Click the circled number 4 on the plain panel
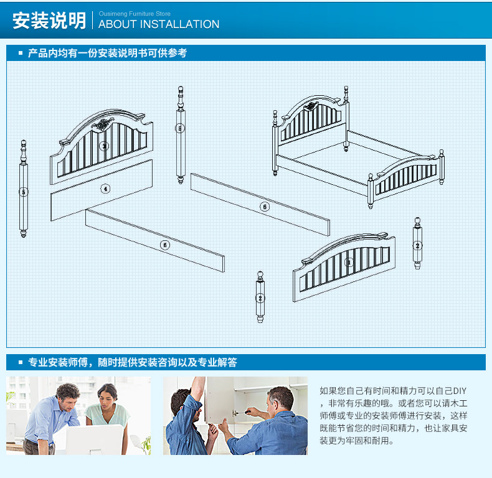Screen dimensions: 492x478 (x=105, y=189)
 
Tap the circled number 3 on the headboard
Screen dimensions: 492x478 (x=104, y=146)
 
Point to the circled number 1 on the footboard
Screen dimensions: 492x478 (x=349, y=261)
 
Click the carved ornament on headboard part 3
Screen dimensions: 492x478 (x=102, y=124)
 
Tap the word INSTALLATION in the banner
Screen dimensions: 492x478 (x=179, y=24)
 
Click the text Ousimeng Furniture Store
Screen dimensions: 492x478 (x=135, y=14)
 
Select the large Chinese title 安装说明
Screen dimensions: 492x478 (x=49, y=21)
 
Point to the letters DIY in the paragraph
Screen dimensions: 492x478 (x=460, y=391)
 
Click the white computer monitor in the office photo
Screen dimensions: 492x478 (x=94, y=439)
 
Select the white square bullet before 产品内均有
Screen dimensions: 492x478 (x=21, y=53)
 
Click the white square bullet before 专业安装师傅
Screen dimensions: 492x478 (x=21, y=362)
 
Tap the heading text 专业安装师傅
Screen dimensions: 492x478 (x=58, y=362)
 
